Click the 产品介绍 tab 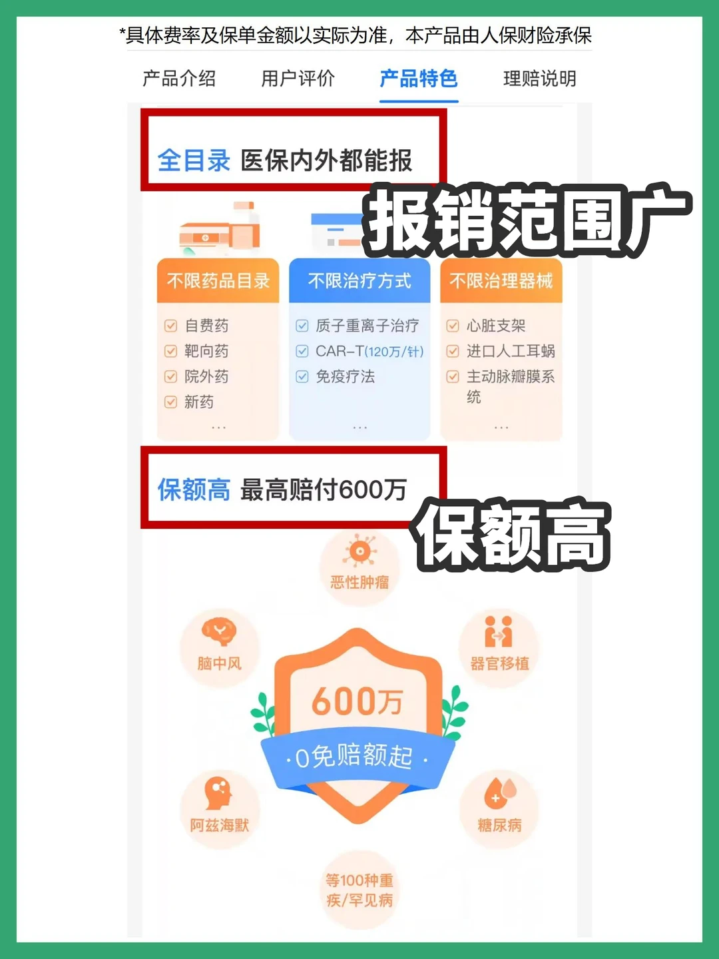click(x=179, y=79)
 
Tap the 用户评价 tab click(x=298, y=79)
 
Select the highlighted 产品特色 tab click(x=419, y=79)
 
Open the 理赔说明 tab click(x=539, y=79)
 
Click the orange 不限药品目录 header click(x=218, y=281)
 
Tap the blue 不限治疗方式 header click(x=359, y=281)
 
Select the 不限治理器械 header click(x=501, y=281)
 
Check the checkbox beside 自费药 click(x=171, y=326)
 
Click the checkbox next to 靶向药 click(x=171, y=351)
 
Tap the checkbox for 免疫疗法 click(x=302, y=376)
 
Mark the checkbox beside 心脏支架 click(x=453, y=326)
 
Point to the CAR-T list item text click(x=369, y=351)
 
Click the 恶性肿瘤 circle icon click(x=360, y=552)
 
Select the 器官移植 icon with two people click(x=499, y=631)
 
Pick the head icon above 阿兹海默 click(x=218, y=793)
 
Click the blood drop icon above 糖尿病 click(x=499, y=793)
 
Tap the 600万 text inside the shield click(x=358, y=701)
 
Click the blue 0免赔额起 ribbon click(x=358, y=757)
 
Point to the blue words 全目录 click(x=194, y=160)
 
